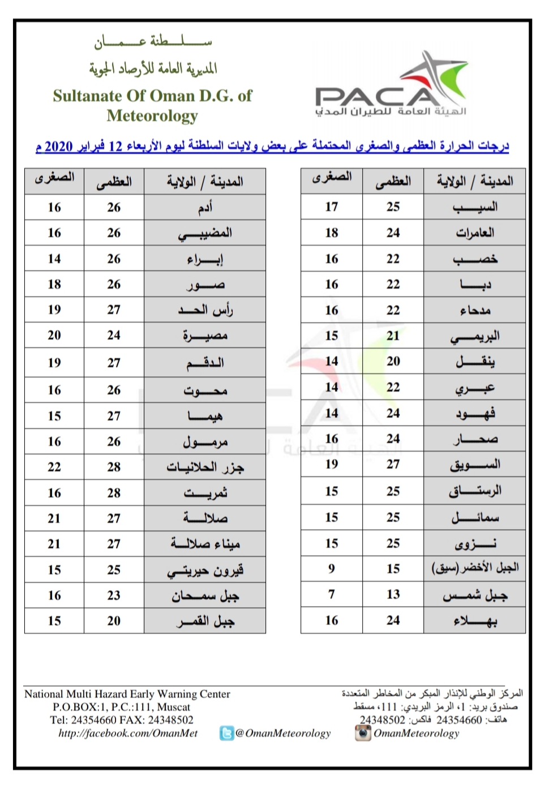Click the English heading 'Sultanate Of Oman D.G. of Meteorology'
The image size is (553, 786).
pyautogui.click(x=152, y=105)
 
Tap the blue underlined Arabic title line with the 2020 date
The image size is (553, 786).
pyautogui.click(x=272, y=147)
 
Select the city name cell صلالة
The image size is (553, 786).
pyautogui.click(x=205, y=518)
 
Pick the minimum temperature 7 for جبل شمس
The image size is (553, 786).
pyautogui.click(x=332, y=594)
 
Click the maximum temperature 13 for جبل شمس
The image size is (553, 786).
pyautogui.click(x=393, y=594)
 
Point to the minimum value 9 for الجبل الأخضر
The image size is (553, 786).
pyautogui.click(x=332, y=569)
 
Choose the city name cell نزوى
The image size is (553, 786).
pyautogui.click(x=475, y=543)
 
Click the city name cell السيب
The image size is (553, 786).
pyautogui.click(x=475, y=207)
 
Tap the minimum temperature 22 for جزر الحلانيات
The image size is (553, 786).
pyautogui.click(x=54, y=467)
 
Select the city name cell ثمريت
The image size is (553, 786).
pyautogui.click(x=205, y=493)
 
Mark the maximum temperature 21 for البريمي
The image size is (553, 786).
pyautogui.click(x=393, y=336)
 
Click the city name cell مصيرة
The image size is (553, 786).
pyautogui.click(x=205, y=336)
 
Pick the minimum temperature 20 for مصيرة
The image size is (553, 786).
pyautogui.click(x=54, y=336)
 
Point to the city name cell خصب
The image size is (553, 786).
pyautogui.click(x=475, y=259)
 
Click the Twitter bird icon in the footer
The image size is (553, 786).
pyautogui.click(x=226, y=733)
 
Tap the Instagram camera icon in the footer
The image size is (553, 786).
pyautogui.click(x=362, y=733)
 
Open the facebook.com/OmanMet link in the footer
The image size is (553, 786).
pyautogui.click(x=128, y=733)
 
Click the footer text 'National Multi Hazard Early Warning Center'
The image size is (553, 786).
pyautogui.click(x=127, y=694)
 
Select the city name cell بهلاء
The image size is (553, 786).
pyautogui.click(x=475, y=621)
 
